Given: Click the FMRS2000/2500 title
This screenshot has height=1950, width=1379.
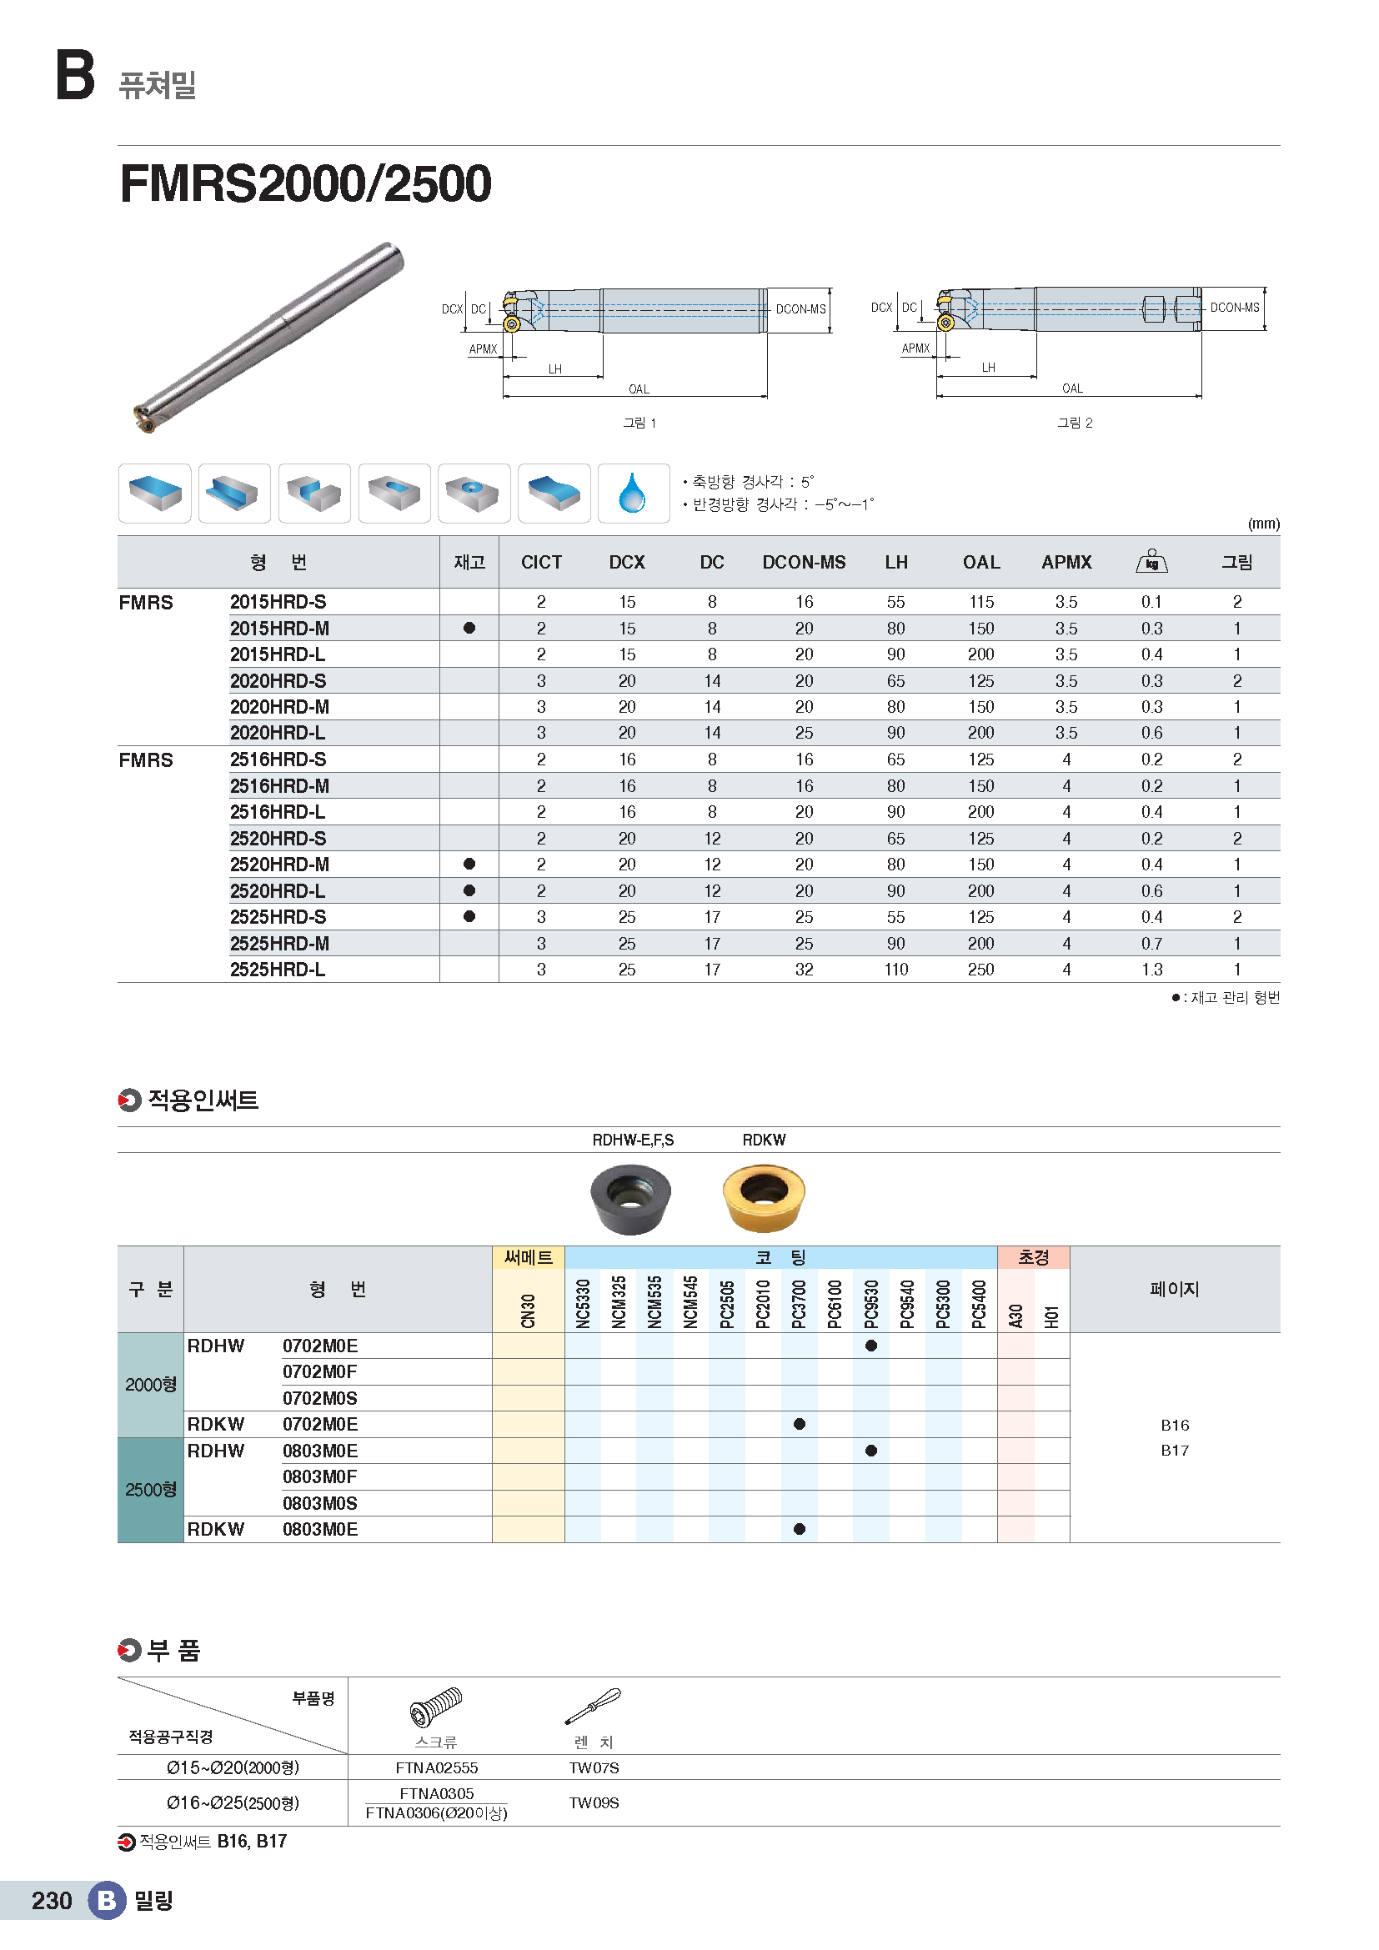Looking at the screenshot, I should click(306, 183).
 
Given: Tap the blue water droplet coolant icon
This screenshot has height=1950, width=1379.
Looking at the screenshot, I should click(633, 494).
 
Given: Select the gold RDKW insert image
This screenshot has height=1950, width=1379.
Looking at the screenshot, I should click(764, 1197).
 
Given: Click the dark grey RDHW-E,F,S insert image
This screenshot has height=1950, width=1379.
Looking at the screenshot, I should click(630, 1197).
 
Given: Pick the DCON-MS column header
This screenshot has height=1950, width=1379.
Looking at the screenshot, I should click(803, 562).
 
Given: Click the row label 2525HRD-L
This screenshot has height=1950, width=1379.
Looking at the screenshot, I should click(278, 969).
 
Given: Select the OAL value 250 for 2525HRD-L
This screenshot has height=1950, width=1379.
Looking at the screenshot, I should click(980, 969).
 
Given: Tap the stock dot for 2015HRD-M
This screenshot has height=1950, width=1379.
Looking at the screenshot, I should click(469, 629).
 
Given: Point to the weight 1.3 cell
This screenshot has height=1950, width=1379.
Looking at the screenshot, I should click(1151, 969).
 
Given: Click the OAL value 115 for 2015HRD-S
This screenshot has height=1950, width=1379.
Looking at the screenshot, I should click(980, 602).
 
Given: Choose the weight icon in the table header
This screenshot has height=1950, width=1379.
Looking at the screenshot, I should click(1151, 561).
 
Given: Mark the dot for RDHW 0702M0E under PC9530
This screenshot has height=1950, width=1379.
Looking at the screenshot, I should click(871, 1346).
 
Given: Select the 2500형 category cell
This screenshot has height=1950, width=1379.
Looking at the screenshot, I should click(151, 1490).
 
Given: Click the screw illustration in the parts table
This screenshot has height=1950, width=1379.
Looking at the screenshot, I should click(435, 1707).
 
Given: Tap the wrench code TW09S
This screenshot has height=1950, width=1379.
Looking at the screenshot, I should click(594, 1803).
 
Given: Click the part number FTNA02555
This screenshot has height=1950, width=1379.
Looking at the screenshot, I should click(436, 1767).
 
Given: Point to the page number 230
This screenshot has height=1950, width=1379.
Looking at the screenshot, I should click(52, 1901).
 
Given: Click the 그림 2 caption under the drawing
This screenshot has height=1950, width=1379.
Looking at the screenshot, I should click(1074, 423).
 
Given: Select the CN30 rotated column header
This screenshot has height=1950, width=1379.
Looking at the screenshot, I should click(528, 1311).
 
